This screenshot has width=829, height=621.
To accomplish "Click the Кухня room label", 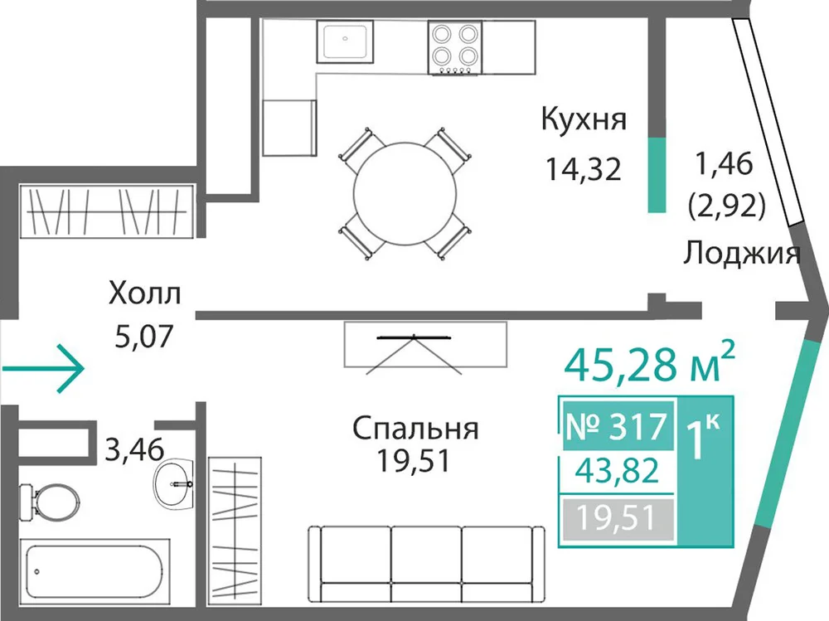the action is click(584, 120).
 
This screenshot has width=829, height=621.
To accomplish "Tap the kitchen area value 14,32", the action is click(583, 169).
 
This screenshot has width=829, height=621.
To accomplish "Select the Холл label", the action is click(144, 293).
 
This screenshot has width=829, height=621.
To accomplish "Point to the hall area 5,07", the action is click(144, 336).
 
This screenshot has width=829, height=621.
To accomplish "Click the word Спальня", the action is click(415, 429).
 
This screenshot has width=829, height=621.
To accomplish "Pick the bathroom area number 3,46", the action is click(135, 449).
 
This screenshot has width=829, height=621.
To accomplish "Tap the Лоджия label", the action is click(742, 253).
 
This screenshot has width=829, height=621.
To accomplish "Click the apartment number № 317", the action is click(617, 426).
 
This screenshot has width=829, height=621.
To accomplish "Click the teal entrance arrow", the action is click(43, 369).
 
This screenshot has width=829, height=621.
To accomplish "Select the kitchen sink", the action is click(345, 41).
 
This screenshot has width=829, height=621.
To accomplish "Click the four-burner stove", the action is click(454, 47).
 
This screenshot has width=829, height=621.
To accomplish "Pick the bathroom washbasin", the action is click(173, 482).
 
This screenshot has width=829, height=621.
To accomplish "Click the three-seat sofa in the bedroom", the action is click(427, 564).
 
